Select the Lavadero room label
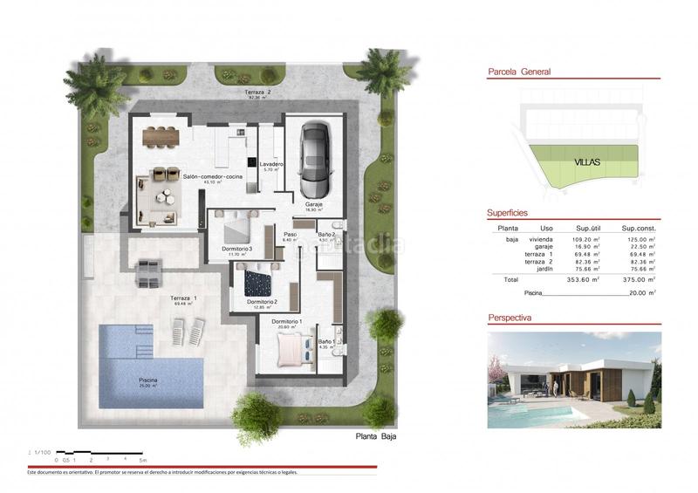coord(270,164)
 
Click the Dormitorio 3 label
coord(237,249)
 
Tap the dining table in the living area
coord(160,134)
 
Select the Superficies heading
coord(507,213)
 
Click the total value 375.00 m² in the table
coord(645,280)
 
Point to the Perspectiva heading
coord(510,318)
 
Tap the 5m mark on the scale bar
coord(144,459)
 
